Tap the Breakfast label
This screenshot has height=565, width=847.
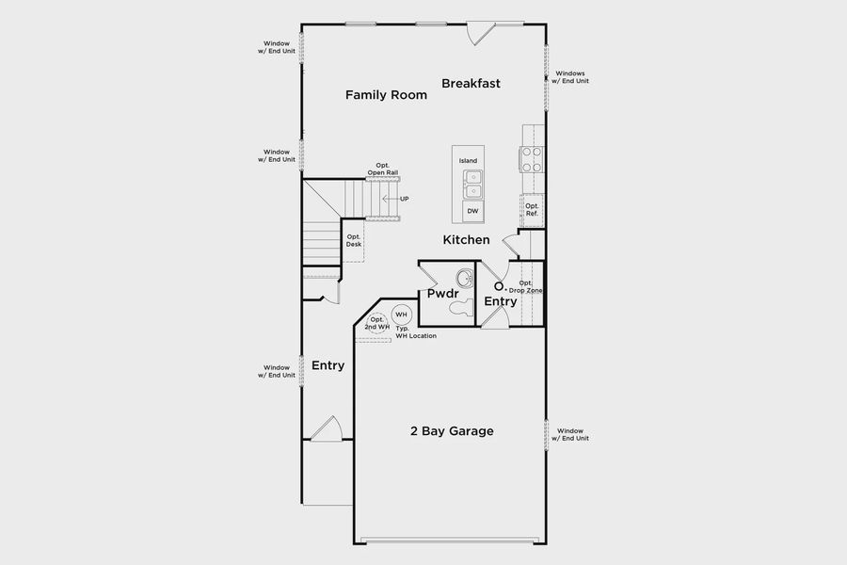pyautogui.click(x=471, y=84)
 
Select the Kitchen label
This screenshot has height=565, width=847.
pyautogui.click(x=467, y=240)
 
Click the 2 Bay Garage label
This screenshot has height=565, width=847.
pyautogui.click(x=452, y=431)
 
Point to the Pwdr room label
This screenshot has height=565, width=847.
pyautogui.click(x=441, y=295)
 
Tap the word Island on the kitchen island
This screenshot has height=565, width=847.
pyautogui.click(x=468, y=161)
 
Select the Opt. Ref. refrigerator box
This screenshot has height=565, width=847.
pyautogui.click(x=533, y=210)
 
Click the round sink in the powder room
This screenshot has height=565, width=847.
pyautogui.click(x=465, y=279)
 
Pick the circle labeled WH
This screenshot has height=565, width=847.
pyautogui.click(x=401, y=315)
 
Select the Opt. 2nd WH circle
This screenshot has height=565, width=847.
pyautogui.click(x=377, y=321)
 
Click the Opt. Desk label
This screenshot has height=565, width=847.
pyautogui.click(x=354, y=241)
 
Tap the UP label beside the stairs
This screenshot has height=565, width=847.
pyautogui.click(x=404, y=199)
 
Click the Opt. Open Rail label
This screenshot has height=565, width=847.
pyautogui.click(x=383, y=169)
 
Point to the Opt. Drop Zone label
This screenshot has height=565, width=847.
pyautogui.click(x=526, y=287)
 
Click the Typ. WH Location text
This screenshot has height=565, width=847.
pyautogui.click(x=415, y=332)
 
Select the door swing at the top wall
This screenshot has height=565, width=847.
pyautogui.click(x=481, y=34)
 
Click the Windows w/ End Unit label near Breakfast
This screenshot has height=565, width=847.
pyautogui.click(x=571, y=77)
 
